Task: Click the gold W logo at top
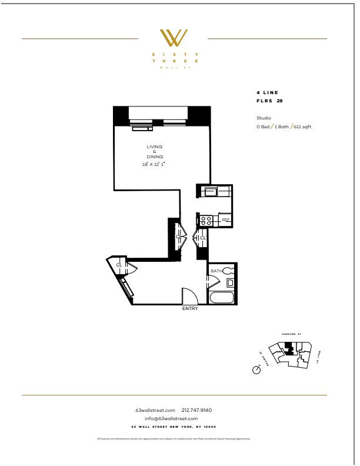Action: click(x=175, y=38)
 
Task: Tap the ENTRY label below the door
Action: click(x=190, y=308)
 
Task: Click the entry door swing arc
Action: click(x=190, y=295)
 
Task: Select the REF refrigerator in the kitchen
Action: click(x=225, y=220)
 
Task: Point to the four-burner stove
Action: click(x=206, y=220)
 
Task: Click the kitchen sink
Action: click(x=208, y=191)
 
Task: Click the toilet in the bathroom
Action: click(x=229, y=271)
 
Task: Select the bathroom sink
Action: click(x=230, y=283)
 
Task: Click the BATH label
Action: click(x=215, y=271)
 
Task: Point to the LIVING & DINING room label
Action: click(x=155, y=152)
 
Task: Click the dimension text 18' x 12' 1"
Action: click(x=155, y=164)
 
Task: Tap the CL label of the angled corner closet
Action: click(x=119, y=265)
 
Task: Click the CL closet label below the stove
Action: click(x=203, y=238)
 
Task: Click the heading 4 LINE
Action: click(x=266, y=92)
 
